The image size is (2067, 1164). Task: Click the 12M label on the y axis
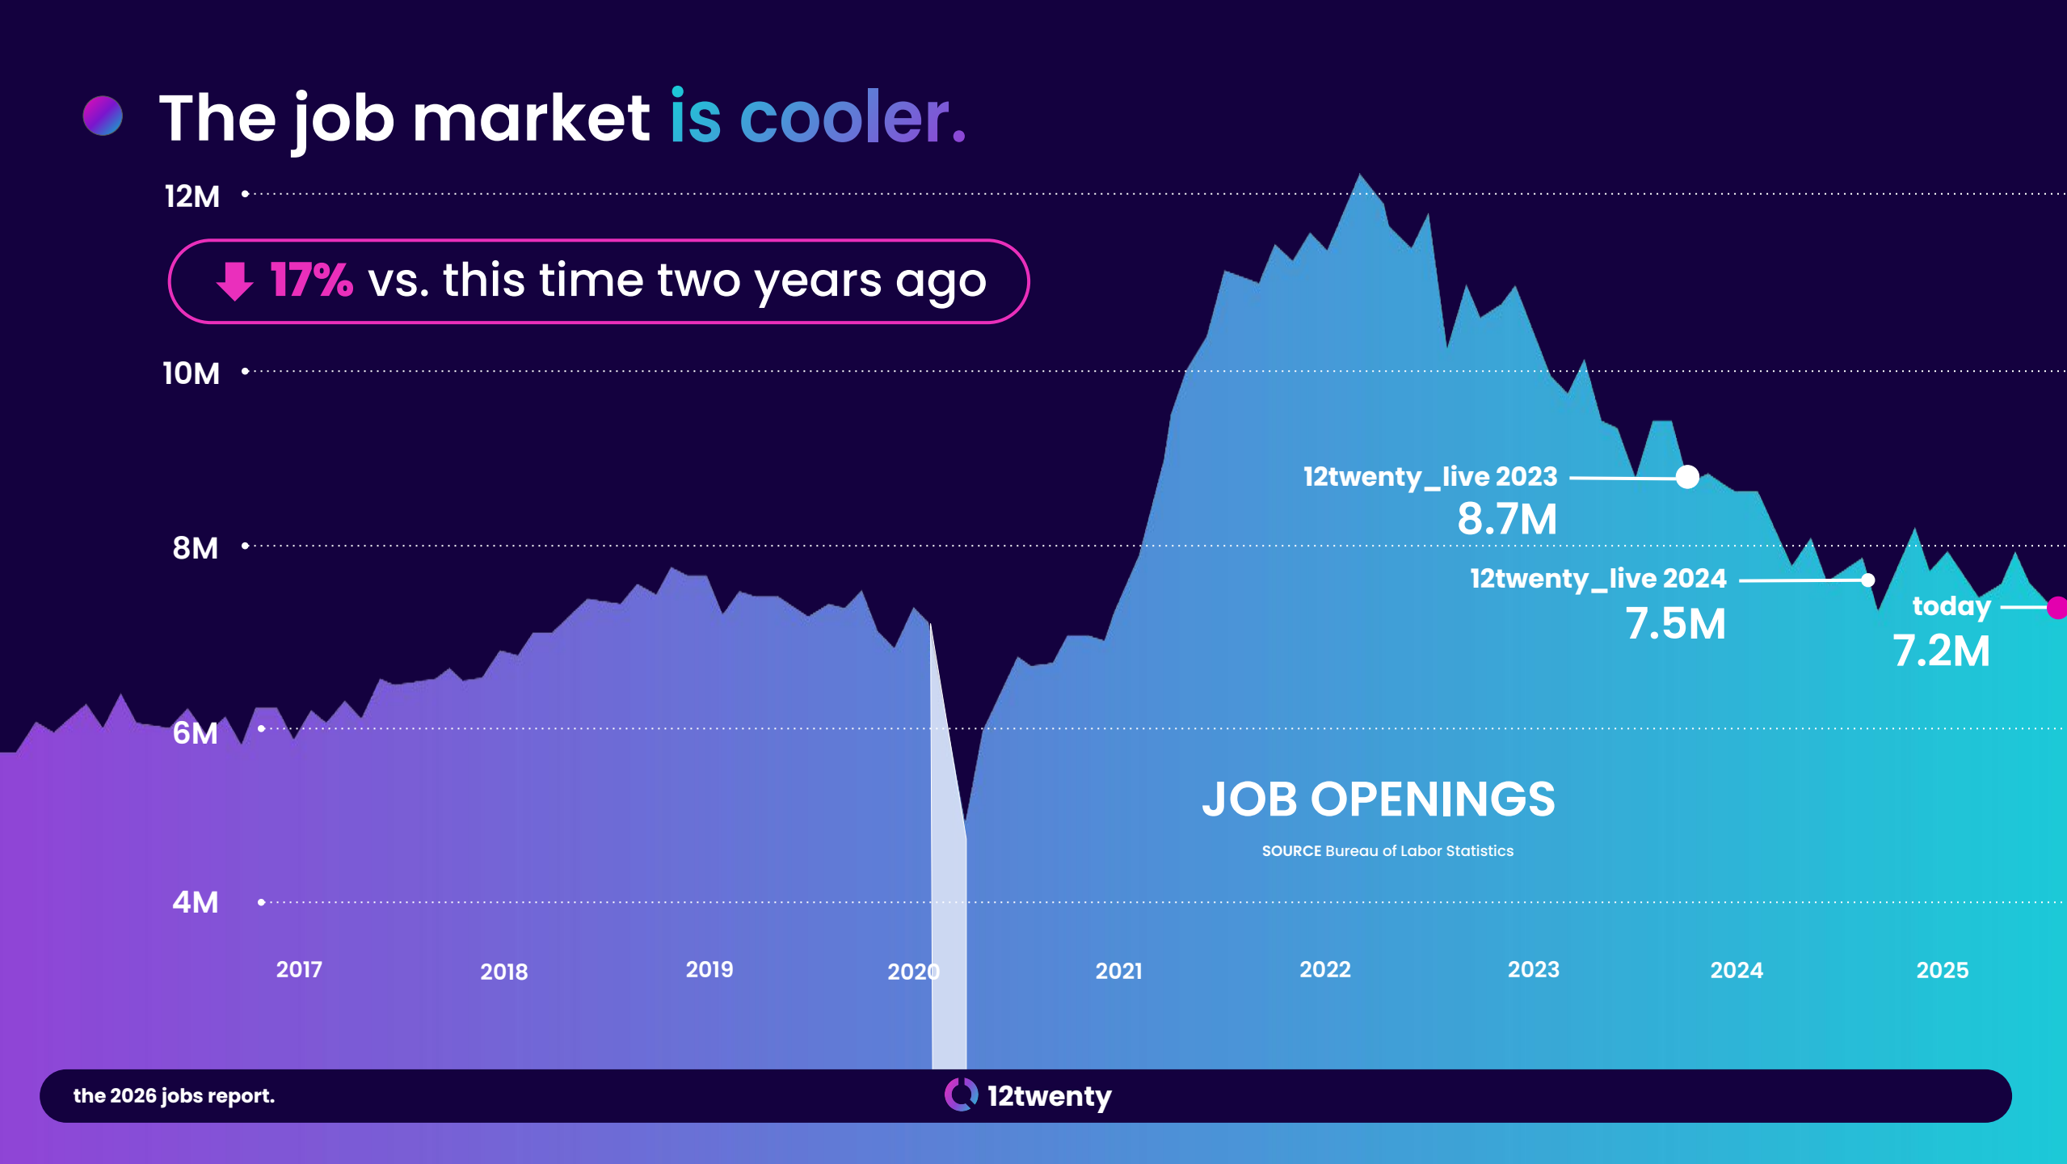click(x=192, y=196)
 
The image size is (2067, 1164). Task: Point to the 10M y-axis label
click(x=191, y=373)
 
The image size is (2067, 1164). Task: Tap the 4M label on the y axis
click(x=195, y=902)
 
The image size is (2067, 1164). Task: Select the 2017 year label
click(x=299, y=969)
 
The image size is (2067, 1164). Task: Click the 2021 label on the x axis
click(x=1118, y=971)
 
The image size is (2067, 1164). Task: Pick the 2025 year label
click(x=1943, y=970)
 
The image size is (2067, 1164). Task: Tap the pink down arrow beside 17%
click(x=234, y=281)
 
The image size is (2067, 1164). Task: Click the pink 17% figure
click(x=311, y=280)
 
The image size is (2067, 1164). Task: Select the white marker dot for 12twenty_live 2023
click(x=1687, y=477)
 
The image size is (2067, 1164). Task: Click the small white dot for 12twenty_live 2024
click(x=1867, y=580)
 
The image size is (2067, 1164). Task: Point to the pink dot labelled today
click(x=2058, y=607)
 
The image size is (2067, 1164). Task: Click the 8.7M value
click(x=1507, y=519)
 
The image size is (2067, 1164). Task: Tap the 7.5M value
click(x=1675, y=624)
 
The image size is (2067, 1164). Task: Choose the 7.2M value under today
click(x=1941, y=651)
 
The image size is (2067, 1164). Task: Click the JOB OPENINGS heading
click(x=1379, y=799)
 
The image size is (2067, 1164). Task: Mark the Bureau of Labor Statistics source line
click(x=1387, y=851)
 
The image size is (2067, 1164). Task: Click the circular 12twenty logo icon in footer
click(x=961, y=1095)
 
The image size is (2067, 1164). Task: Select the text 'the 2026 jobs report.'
click(x=174, y=1096)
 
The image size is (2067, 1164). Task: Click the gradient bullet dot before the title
click(x=103, y=116)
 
